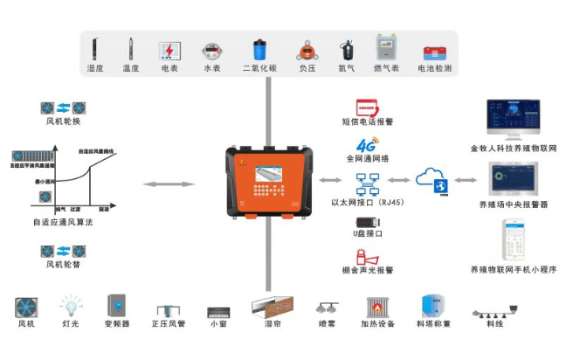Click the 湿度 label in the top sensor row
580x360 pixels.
(96, 68)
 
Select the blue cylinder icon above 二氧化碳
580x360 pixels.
(259, 48)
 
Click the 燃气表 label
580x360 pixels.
(387, 68)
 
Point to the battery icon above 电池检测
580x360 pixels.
(434, 51)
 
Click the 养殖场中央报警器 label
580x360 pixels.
(514, 204)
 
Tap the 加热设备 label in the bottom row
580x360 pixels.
(379, 325)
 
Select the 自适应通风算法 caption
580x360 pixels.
(62, 224)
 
